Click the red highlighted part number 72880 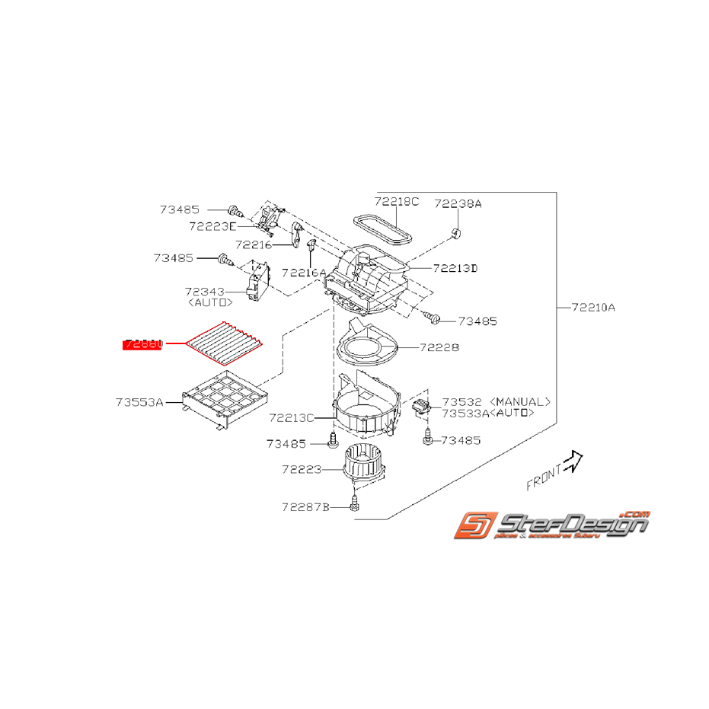click(143, 344)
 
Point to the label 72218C click(396, 202)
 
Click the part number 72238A click(458, 204)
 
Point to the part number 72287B click(305, 506)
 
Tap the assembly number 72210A click(593, 308)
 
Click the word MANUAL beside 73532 click(520, 401)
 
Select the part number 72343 click(203, 292)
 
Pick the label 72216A click(303, 272)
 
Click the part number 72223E click(212, 226)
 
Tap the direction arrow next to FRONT click(573, 459)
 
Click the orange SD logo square click(476, 527)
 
